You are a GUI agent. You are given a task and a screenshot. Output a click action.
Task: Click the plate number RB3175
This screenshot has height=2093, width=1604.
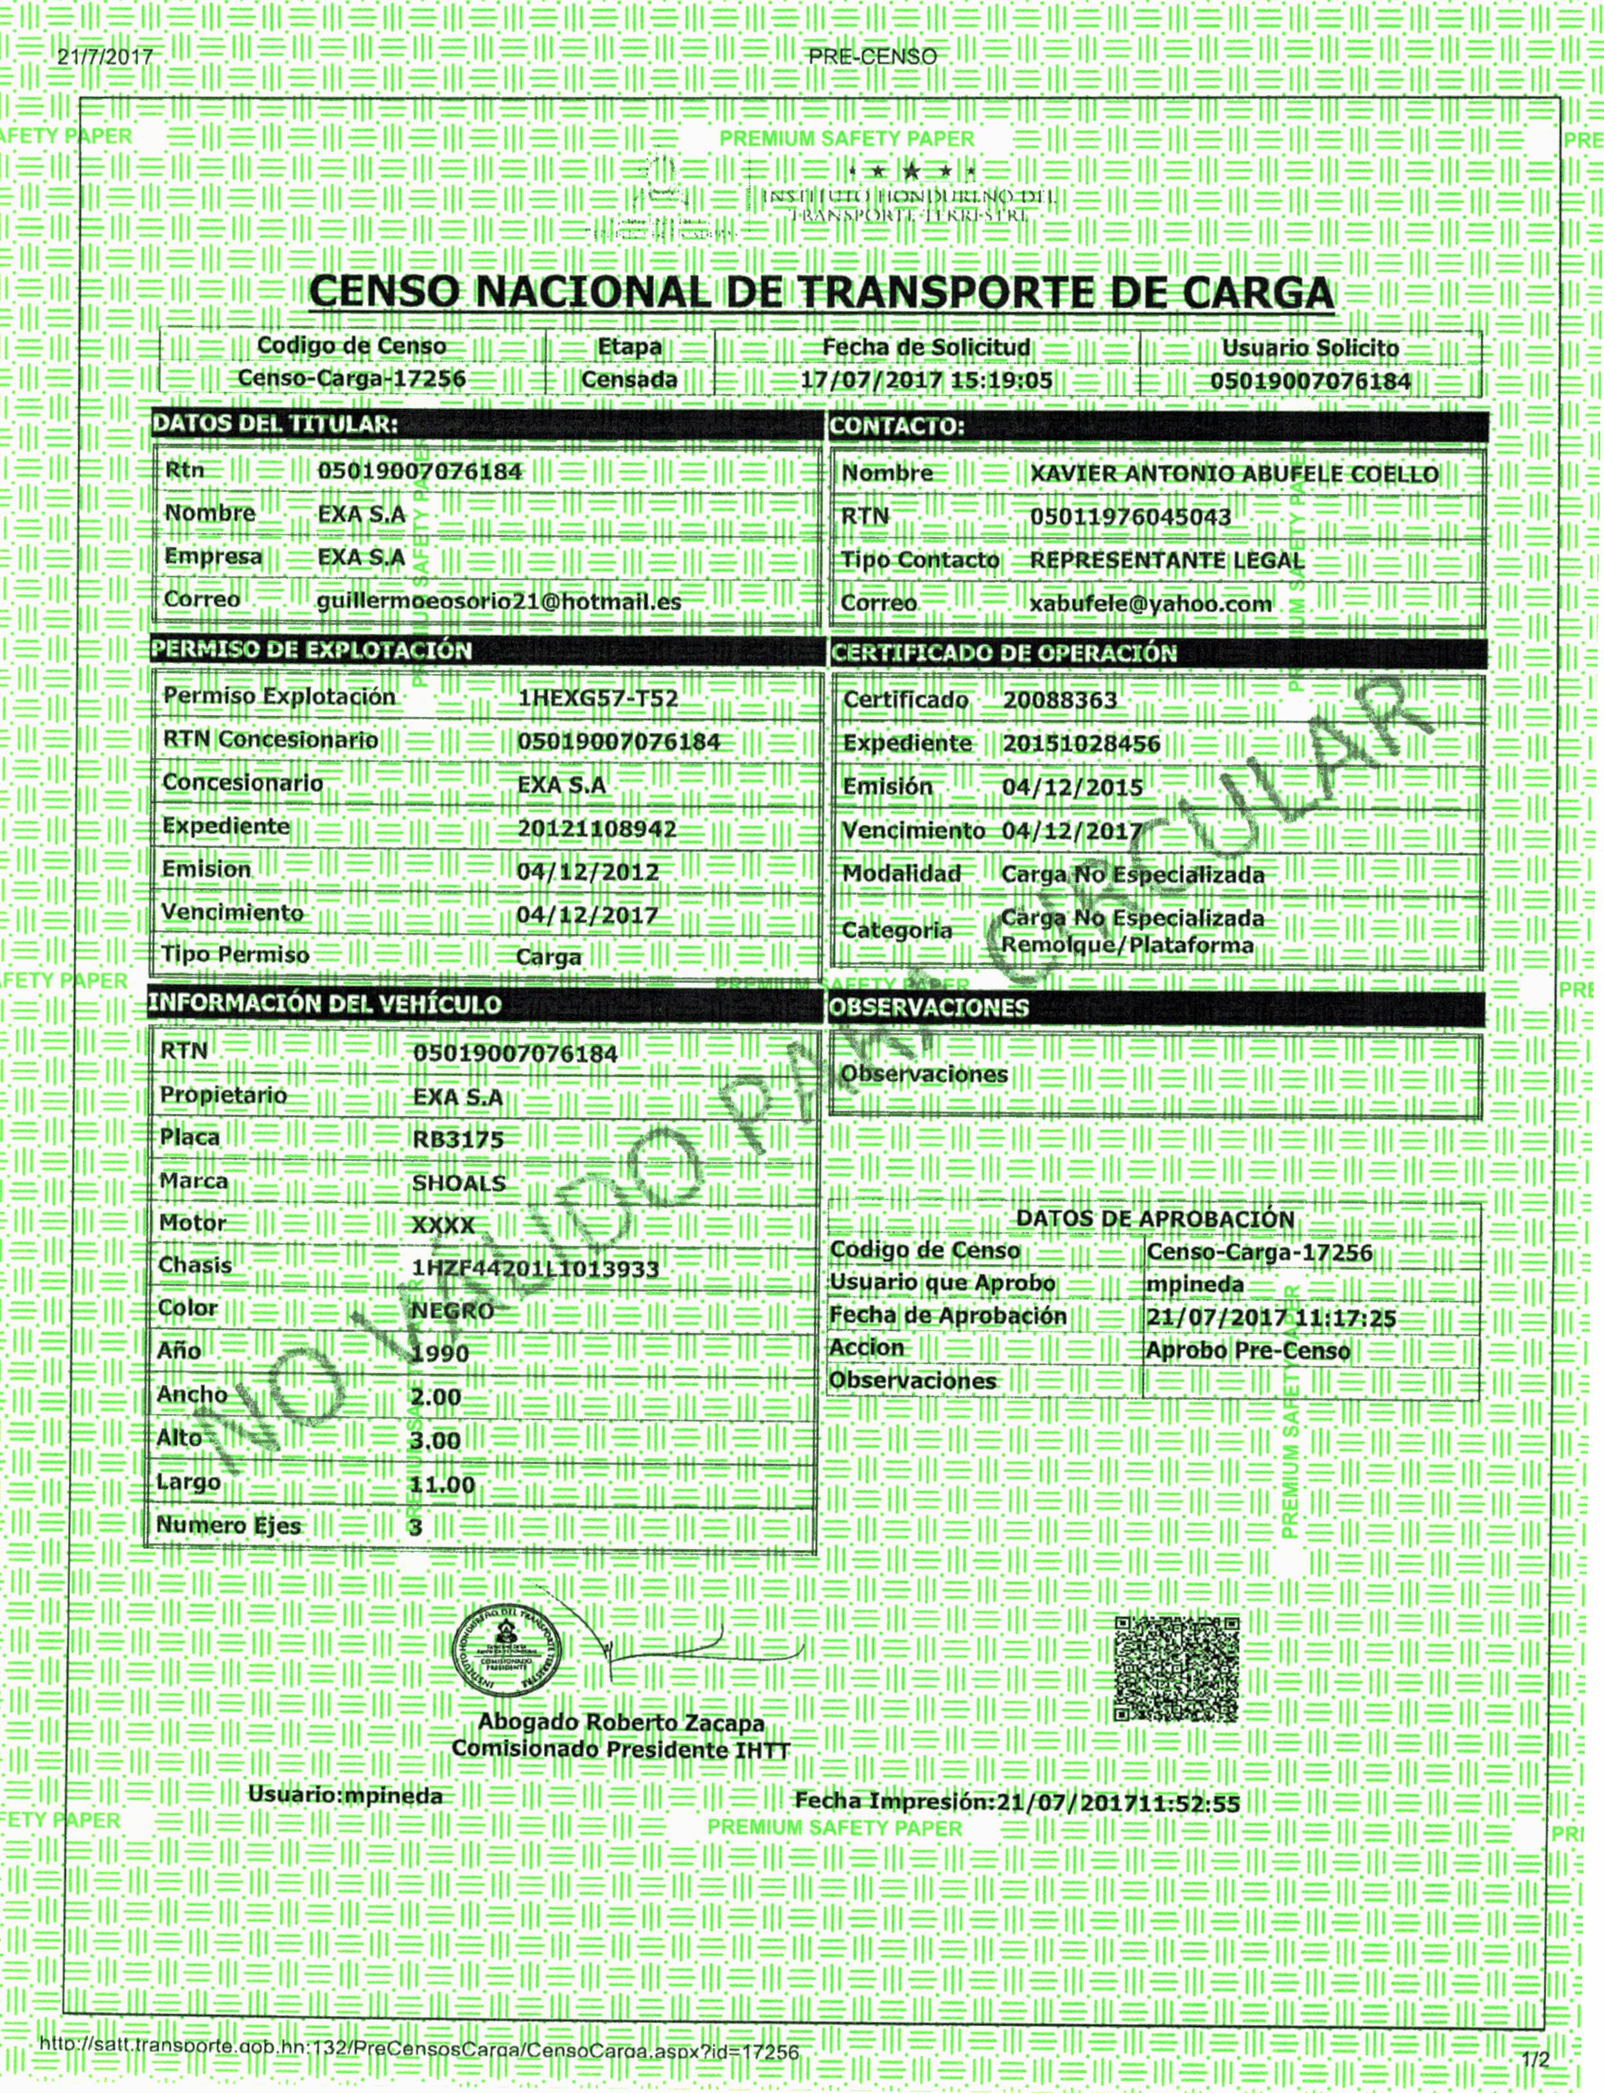(x=457, y=1139)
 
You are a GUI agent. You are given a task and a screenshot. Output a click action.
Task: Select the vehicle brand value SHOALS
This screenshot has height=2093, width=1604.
(x=458, y=1183)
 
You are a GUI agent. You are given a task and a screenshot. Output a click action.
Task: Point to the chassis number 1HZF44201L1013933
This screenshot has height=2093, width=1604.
(x=534, y=1269)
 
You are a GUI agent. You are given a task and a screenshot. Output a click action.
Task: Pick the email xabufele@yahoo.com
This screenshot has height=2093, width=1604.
(x=1150, y=605)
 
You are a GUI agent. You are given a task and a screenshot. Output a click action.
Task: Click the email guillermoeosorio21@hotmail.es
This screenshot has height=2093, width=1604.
(x=498, y=601)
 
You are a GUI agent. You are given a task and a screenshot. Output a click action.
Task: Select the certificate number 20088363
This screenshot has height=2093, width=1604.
(x=1059, y=701)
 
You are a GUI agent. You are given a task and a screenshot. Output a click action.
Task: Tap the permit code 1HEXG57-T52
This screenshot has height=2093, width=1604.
(x=597, y=698)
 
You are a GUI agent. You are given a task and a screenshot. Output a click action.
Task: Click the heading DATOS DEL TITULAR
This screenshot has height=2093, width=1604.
(x=275, y=425)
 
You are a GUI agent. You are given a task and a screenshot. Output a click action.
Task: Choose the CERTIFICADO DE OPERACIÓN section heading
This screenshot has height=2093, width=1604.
(x=1003, y=654)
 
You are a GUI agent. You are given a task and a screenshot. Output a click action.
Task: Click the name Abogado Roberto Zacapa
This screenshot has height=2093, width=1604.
(x=621, y=1722)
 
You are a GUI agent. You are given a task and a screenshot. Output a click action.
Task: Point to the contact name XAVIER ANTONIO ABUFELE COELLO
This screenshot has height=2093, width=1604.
(x=1233, y=475)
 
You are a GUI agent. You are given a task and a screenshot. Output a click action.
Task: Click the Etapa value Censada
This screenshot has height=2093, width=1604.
(x=629, y=380)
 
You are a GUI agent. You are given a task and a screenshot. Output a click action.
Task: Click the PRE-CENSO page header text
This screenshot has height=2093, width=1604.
(x=872, y=57)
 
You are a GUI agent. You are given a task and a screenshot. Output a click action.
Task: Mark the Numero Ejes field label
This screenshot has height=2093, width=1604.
(x=228, y=1526)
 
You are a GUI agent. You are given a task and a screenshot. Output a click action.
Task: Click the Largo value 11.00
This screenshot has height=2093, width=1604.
(x=441, y=1485)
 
